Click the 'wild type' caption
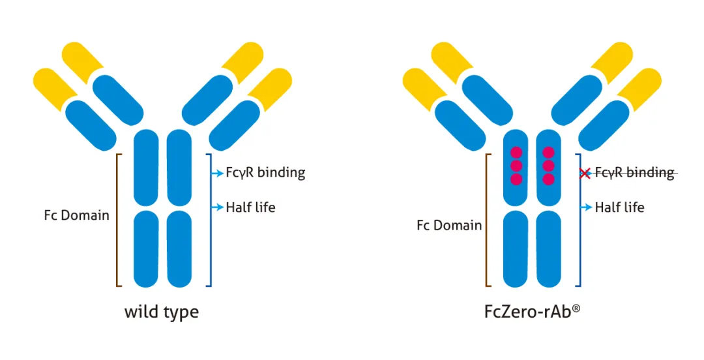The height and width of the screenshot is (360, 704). [x=162, y=312]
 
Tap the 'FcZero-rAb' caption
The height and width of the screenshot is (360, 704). [x=528, y=312]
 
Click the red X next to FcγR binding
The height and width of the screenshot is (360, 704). [x=585, y=173]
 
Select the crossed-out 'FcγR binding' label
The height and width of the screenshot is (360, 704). [x=634, y=172]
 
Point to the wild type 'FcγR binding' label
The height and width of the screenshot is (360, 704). [x=265, y=173]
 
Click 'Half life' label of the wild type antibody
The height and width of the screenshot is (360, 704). [x=250, y=207]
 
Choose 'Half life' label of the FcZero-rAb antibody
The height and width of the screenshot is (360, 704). [x=619, y=207]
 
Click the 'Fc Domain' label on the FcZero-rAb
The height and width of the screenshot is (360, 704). [x=449, y=226]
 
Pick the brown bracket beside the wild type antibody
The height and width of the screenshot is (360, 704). [x=117, y=220]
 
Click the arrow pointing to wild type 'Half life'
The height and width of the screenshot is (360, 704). [x=218, y=207]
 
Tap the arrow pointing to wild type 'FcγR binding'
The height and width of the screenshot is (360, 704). [x=218, y=173]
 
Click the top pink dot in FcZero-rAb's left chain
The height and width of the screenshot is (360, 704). [x=516, y=153]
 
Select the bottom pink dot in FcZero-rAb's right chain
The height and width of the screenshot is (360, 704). [x=548, y=179]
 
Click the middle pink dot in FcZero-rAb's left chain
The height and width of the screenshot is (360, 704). [x=516, y=166]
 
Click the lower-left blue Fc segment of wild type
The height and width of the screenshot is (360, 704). [x=146, y=248]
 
